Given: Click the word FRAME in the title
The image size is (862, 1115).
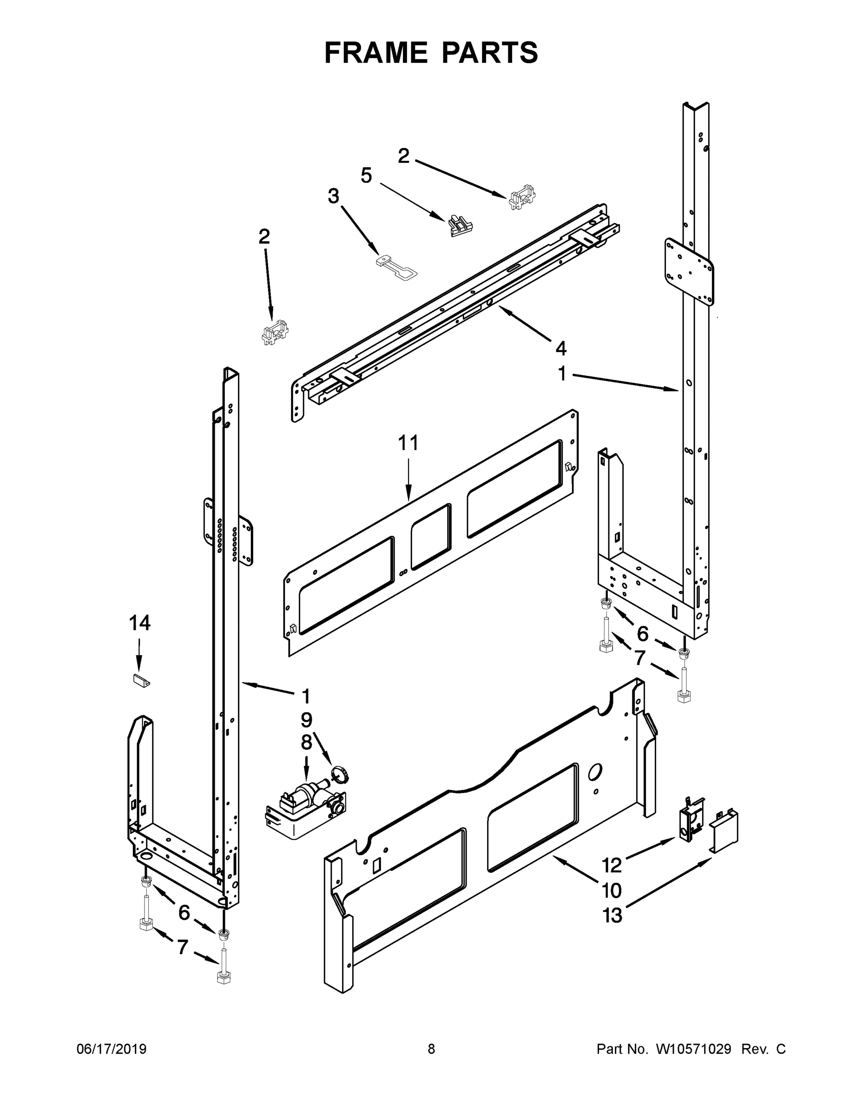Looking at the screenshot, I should tap(376, 52).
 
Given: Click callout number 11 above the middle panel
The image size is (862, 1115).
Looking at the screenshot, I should tap(408, 443).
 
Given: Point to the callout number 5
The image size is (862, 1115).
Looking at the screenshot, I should tap(366, 176).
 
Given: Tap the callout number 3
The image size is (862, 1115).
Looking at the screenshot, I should tap(334, 196).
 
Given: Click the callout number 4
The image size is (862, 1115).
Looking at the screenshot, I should tap(561, 349).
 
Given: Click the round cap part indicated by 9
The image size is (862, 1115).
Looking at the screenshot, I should tap(340, 774).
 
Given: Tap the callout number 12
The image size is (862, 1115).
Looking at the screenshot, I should tap(612, 866).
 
